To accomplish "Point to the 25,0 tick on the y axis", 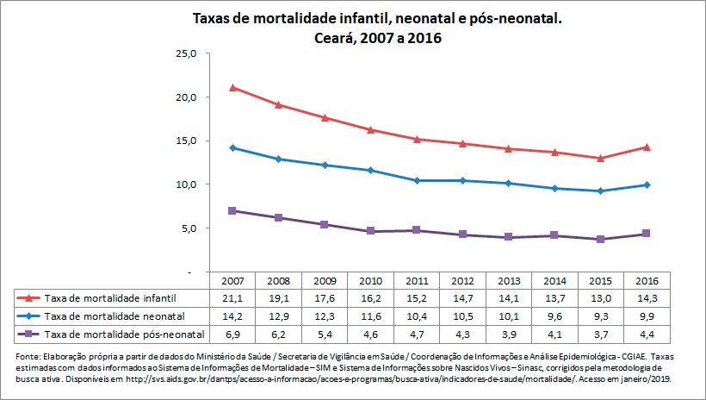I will [186, 53].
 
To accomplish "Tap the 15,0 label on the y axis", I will [186, 141].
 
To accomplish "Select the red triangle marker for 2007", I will [233, 88].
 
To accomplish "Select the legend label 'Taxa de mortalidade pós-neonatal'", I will [124, 334].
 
